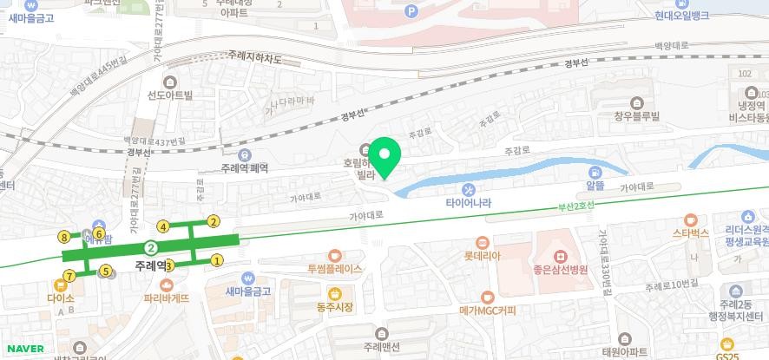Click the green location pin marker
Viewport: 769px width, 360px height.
pos(385,157)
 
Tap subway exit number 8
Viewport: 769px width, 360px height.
pos(64,236)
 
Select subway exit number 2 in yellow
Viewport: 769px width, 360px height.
pos(214,222)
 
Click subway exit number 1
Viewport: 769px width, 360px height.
pos(217,259)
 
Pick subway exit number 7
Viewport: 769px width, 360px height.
pos(69,277)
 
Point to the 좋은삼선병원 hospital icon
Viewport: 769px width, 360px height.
pos(562,257)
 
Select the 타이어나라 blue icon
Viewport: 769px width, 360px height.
pos(468,190)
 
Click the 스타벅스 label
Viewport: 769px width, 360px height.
pos(691,232)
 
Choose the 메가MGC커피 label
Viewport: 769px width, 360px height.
pos(488,310)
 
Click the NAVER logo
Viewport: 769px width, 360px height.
pos(24,349)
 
